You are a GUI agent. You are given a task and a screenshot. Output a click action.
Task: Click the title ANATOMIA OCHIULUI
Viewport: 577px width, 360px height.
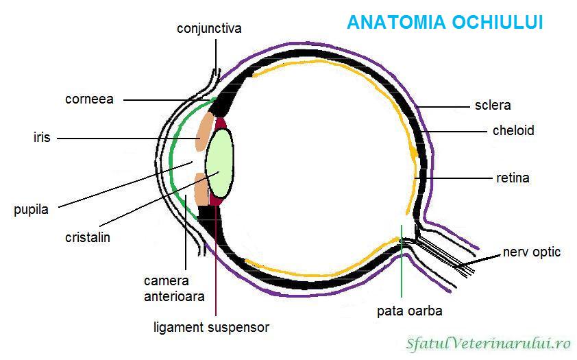tap(445, 23)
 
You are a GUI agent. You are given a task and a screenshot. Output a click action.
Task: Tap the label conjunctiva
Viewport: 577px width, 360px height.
tap(209, 29)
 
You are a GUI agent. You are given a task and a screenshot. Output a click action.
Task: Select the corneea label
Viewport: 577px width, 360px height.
tap(89, 99)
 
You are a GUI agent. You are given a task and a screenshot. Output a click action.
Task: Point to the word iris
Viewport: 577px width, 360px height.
tap(42, 138)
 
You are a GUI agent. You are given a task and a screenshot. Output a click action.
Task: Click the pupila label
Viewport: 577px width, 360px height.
tap(31, 210)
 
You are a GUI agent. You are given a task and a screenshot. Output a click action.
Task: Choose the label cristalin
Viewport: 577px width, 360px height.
tap(88, 237)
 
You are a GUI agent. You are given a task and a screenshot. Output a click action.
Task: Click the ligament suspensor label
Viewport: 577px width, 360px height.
tap(211, 327)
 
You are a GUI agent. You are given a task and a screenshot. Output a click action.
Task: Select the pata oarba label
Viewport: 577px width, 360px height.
tap(410, 311)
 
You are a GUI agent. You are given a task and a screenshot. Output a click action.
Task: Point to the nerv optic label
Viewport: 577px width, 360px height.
tap(532, 252)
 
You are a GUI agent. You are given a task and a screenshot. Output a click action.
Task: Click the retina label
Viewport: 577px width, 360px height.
tap(513, 178)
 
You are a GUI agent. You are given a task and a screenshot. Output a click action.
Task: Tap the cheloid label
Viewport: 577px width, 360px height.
tap(513, 130)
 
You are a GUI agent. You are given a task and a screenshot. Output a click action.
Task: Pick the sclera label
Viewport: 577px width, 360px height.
tap(493, 106)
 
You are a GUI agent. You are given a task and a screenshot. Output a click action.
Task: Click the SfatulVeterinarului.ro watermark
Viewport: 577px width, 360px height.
tap(489, 341)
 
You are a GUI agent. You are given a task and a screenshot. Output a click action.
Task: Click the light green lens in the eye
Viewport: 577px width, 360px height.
tap(221, 163)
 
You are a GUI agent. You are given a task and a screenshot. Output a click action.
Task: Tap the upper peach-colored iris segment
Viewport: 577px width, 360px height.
tap(204, 131)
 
